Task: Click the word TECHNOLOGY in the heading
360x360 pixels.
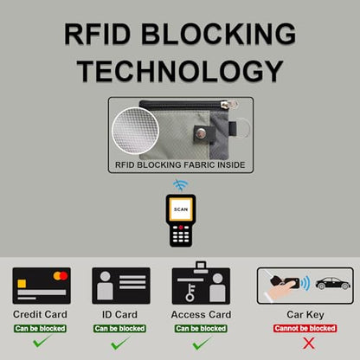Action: (180, 71)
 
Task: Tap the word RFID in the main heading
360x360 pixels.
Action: (98, 34)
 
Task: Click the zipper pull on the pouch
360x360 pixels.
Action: (228, 104)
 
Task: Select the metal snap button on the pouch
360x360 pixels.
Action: (201, 133)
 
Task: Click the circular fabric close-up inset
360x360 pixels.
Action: (136, 131)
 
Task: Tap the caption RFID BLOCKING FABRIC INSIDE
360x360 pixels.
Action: (180, 165)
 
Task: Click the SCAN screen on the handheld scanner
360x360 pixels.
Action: (181, 209)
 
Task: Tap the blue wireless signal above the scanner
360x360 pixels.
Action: (181, 185)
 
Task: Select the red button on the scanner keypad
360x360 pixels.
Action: (181, 228)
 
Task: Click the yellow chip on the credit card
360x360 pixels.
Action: (22, 284)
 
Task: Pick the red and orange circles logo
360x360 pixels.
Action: (61, 276)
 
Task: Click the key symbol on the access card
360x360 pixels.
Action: (190, 292)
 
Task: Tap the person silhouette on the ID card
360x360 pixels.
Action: (105, 286)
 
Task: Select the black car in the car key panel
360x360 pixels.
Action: (333, 284)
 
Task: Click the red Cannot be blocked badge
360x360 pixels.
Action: (305, 328)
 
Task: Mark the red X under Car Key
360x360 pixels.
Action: (309, 344)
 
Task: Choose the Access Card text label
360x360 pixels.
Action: (201, 314)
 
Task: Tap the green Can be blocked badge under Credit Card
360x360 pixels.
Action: (40, 329)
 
